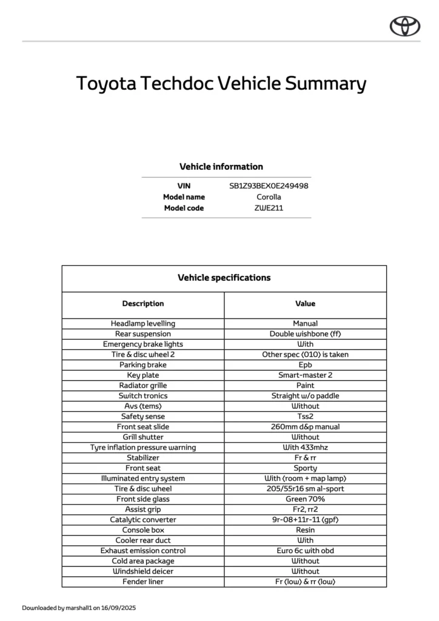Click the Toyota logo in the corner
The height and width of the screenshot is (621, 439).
[x=405, y=25]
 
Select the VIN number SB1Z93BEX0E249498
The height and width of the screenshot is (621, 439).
[x=269, y=186]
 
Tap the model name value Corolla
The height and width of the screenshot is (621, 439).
[x=269, y=197]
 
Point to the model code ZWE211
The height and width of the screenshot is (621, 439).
[x=269, y=208]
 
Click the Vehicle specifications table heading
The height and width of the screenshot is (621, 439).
[x=224, y=278]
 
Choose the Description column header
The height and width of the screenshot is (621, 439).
[x=143, y=303]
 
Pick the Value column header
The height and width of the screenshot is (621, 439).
[x=305, y=303]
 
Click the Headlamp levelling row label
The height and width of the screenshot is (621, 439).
[x=143, y=324]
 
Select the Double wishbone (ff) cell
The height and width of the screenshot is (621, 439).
[x=305, y=334]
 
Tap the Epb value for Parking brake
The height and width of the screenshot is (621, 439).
[x=305, y=365]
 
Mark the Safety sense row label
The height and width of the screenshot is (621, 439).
[x=143, y=417]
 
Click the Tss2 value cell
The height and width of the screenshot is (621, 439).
[x=305, y=417]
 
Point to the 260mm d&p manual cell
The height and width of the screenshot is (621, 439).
[x=305, y=427]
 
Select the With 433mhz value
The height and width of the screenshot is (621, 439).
[x=305, y=448]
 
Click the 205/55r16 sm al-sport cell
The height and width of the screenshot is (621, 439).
[x=305, y=489]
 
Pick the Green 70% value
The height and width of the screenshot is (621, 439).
[x=305, y=499]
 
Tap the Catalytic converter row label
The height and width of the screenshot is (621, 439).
[x=143, y=520]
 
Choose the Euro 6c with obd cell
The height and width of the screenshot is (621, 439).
[x=305, y=551]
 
